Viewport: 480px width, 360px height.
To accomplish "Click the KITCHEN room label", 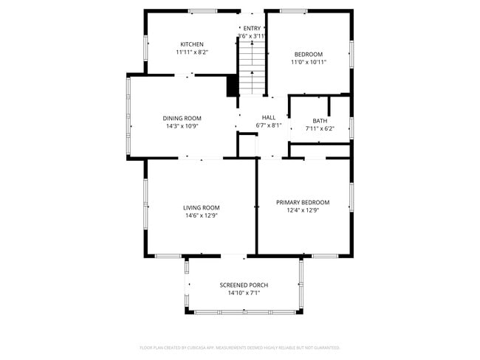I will (x=192, y=44).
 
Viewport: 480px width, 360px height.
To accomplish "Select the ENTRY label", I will (x=252, y=28).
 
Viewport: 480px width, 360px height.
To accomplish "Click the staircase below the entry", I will (x=251, y=66).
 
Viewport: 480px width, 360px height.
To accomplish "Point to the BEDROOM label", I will (x=309, y=54).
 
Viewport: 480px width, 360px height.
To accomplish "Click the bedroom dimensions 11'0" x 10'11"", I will (x=309, y=63).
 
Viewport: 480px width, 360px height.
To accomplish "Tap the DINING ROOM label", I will (x=182, y=118).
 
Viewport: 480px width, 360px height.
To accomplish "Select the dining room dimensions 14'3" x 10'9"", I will (x=182, y=126).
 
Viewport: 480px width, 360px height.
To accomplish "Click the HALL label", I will (x=269, y=117).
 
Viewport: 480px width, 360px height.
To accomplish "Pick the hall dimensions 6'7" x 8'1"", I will (x=269, y=125).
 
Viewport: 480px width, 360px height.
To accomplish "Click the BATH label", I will (x=320, y=121).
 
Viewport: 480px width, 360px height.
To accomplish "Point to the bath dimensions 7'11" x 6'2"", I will (x=320, y=129).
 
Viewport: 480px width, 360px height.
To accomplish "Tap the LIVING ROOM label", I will (x=202, y=207).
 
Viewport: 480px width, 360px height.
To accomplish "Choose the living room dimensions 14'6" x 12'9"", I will (x=201, y=215).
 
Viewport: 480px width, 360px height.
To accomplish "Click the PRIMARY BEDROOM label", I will (x=303, y=202).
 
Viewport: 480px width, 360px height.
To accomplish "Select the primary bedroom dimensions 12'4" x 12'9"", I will (x=303, y=210).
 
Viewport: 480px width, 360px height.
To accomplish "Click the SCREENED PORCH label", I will (x=244, y=285).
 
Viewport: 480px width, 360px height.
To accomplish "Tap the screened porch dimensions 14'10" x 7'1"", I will (x=244, y=293).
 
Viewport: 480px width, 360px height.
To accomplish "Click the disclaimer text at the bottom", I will (x=240, y=347).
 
